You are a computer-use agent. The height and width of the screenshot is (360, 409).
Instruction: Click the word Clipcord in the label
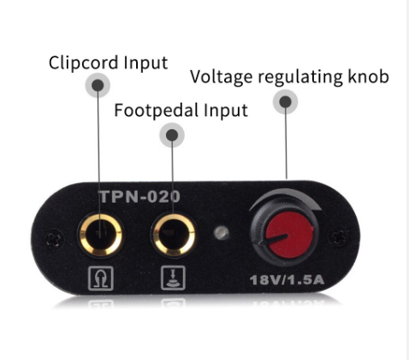pyautogui.click(x=83, y=62)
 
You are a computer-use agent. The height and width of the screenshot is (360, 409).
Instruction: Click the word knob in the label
pyautogui.click(x=369, y=76)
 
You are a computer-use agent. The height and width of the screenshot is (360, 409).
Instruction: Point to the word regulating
pyautogui.click(x=300, y=77)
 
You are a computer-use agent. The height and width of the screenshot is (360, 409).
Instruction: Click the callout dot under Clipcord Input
pyautogui.click(x=98, y=85)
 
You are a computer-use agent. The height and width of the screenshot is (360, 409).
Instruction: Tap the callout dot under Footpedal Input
pyautogui.click(x=172, y=135)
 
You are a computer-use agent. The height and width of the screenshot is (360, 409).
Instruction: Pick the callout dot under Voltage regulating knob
pyautogui.click(x=285, y=102)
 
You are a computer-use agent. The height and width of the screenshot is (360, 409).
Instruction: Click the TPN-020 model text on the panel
pyautogui.click(x=140, y=197)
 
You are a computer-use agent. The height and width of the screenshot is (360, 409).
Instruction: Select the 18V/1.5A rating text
pyautogui.click(x=287, y=280)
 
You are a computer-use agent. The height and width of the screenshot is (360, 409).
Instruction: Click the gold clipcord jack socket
pyautogui.click(x=101, y=234)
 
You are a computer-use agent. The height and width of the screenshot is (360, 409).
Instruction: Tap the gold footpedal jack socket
pyautogui.click(x=174, y=234)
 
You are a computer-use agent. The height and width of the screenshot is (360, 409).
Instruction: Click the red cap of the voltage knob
pyautogui.click(x=289, y=235)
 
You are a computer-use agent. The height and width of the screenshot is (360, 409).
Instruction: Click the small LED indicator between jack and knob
pyautogui.click(x=222, y=233)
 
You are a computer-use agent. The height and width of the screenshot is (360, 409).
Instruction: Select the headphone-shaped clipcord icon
pyautogui.click(x=101, y=278)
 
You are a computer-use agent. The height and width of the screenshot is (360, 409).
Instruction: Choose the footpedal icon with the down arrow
pyautogui.click(x=173, y=278)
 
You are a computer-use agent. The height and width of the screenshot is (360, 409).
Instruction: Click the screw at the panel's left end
pyautogui.click(x=55, y=238)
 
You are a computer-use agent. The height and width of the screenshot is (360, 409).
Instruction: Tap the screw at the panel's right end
pyautogui.click(x=339, y=236)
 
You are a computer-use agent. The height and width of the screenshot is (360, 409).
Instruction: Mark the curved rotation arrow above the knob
pyautogui.click(x=285, y=192)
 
